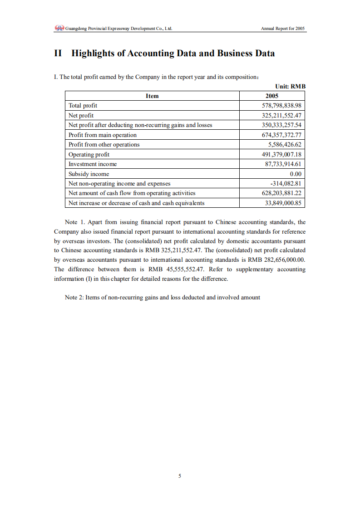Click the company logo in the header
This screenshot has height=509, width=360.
59,28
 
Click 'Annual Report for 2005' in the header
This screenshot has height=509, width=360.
283,29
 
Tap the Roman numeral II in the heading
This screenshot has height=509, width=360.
58,54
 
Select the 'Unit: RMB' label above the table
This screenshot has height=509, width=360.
290,86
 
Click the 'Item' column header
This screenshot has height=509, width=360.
152,96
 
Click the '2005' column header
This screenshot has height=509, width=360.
271,96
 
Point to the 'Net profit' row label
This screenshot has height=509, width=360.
81,116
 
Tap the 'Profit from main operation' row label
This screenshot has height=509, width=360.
102,135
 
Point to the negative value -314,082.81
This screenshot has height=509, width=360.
286,184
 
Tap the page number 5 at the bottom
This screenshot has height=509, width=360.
180,476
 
